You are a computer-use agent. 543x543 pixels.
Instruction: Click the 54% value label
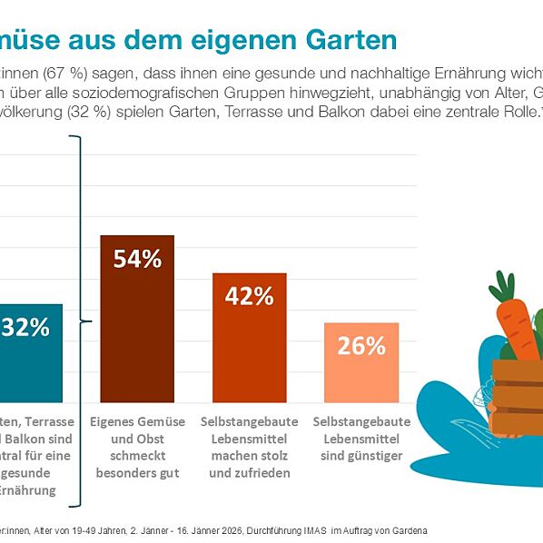pos(137,259)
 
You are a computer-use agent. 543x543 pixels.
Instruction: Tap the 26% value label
pos(361,346)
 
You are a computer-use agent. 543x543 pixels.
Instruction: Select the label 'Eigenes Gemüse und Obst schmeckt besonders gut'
pos(137,447)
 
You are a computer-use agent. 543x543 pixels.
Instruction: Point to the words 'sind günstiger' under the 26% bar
pos(361,456)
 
